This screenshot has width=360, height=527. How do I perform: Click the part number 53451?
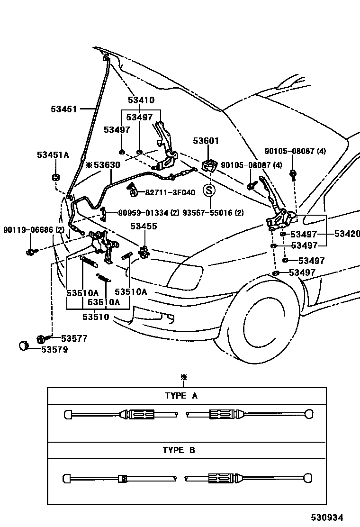63,109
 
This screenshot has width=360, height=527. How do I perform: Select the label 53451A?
53,155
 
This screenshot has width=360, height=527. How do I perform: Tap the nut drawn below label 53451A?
55,178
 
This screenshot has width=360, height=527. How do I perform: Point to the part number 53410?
141,100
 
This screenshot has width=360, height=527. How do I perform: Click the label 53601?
206,141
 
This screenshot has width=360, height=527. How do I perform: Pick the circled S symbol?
209,191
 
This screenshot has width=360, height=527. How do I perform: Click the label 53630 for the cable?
107,165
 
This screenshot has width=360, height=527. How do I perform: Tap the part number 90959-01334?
149,213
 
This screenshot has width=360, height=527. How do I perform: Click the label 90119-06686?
34,230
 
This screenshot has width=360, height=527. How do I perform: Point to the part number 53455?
144,227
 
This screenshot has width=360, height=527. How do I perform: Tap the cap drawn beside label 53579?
24,346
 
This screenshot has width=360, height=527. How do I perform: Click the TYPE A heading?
181,396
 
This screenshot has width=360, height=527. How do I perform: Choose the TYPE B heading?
179,451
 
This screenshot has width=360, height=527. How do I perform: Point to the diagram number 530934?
327,518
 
